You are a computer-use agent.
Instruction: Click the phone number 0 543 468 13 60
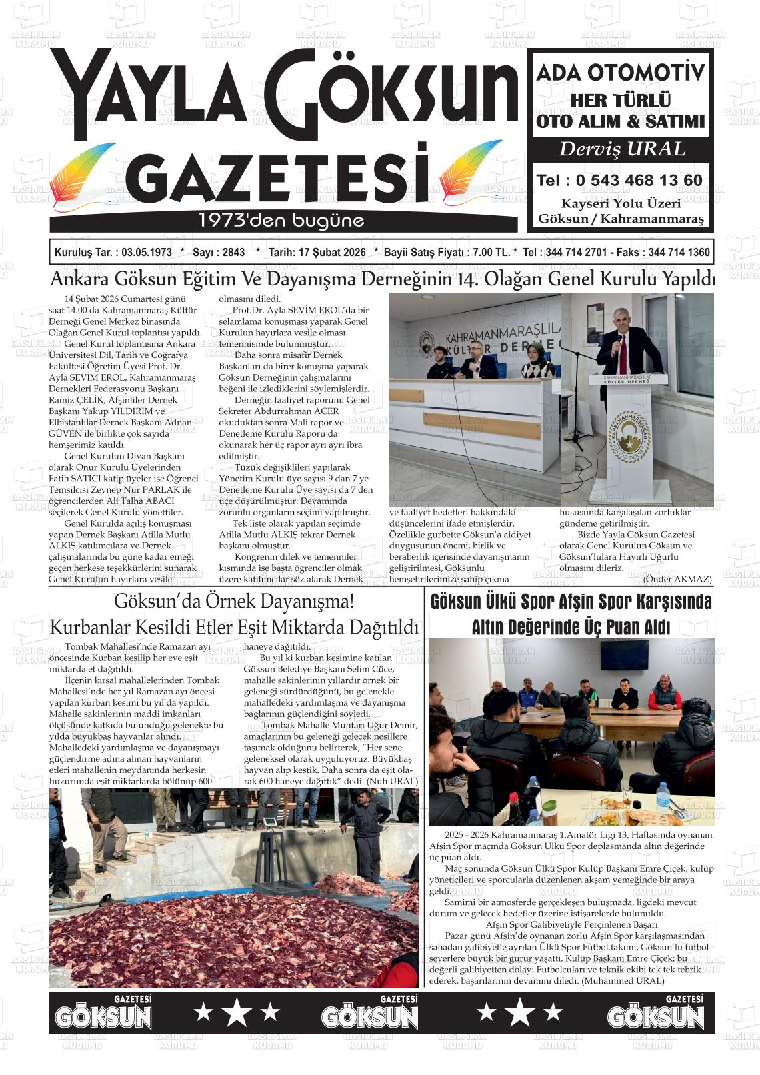638,181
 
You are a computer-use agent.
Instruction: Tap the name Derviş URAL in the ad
621,149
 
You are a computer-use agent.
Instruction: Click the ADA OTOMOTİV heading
621,73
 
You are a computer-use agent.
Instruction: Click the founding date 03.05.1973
143,253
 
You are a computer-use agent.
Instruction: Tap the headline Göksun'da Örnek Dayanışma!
234,601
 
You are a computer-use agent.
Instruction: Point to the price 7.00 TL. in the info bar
491,253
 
